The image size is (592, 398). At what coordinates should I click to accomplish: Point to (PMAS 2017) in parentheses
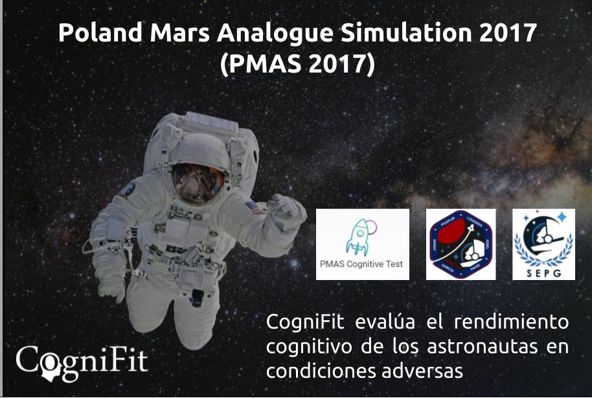coord(297,65)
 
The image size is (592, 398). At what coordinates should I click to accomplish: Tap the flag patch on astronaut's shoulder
coord(254,208)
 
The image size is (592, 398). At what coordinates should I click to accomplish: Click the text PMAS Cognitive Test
coord(362,264)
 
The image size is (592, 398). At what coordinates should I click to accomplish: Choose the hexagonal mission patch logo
coord(462,244)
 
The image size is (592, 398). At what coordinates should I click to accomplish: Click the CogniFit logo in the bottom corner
coord(82,361)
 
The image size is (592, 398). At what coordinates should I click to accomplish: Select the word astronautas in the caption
coord(472,347)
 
